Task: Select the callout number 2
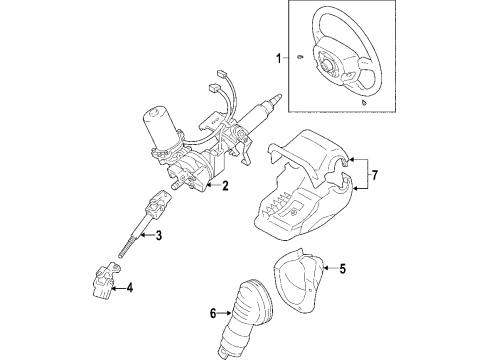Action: click(226, 186)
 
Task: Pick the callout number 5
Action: click(342, 268)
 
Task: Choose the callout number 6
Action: click(213, 313)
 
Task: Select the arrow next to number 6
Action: click(225, 313)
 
